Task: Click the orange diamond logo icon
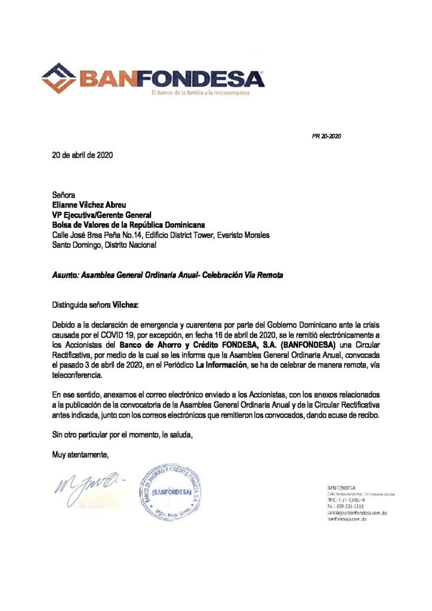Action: pyautogui.click(x=60, y=78)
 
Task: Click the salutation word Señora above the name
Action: pyautogui.click(x=64, y=195)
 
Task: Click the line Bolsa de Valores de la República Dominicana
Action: pyautogui.click(x=128, y=225)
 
